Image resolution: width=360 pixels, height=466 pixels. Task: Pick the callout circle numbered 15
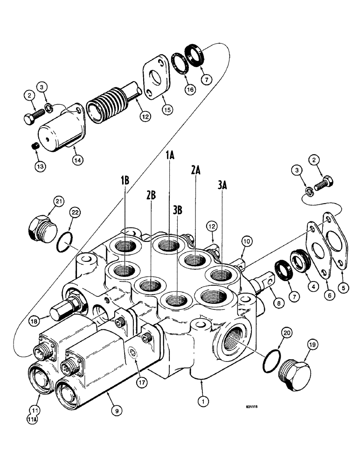164,110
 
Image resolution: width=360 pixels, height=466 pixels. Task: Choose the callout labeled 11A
34,418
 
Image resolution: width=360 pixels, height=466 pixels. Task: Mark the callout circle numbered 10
247,241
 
